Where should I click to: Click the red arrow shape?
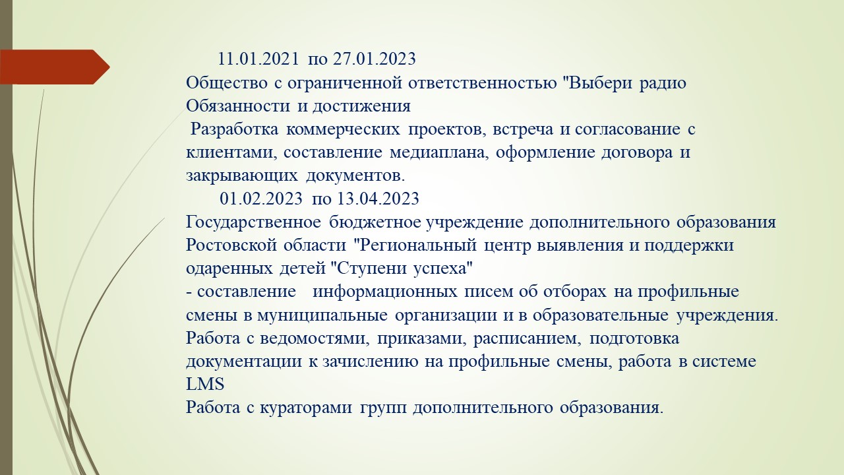click(x=55, y=67)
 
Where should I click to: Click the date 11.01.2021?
click(x=258, y=59)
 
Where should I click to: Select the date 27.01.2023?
click(x=375, y=59)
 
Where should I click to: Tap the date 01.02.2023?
click(x=261, y=199)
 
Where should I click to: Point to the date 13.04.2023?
click(x=378, y=199)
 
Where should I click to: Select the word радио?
click(x=663, y=84)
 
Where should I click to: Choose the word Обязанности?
click(x=238, y=106)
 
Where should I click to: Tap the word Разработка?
click(x=234, y=130)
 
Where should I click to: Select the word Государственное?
click(x=254, y=223)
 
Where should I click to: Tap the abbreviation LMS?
click(x=205, y=385)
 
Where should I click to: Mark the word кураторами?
click(x=306, y=408)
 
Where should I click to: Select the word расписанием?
click(x=526, y=339)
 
